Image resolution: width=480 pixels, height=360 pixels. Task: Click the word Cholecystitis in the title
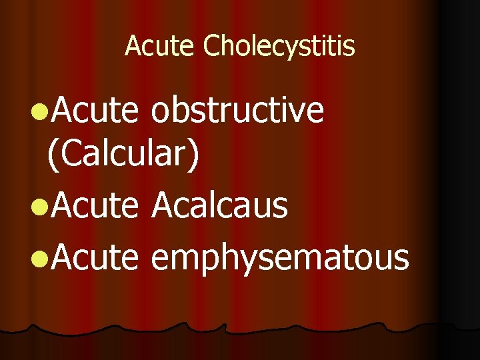click(279, 47)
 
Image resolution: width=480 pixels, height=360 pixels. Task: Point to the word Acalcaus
click(219, 206)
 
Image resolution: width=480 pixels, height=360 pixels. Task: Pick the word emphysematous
click(280, 257)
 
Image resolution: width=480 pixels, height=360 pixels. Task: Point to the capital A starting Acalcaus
click(163, 206)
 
